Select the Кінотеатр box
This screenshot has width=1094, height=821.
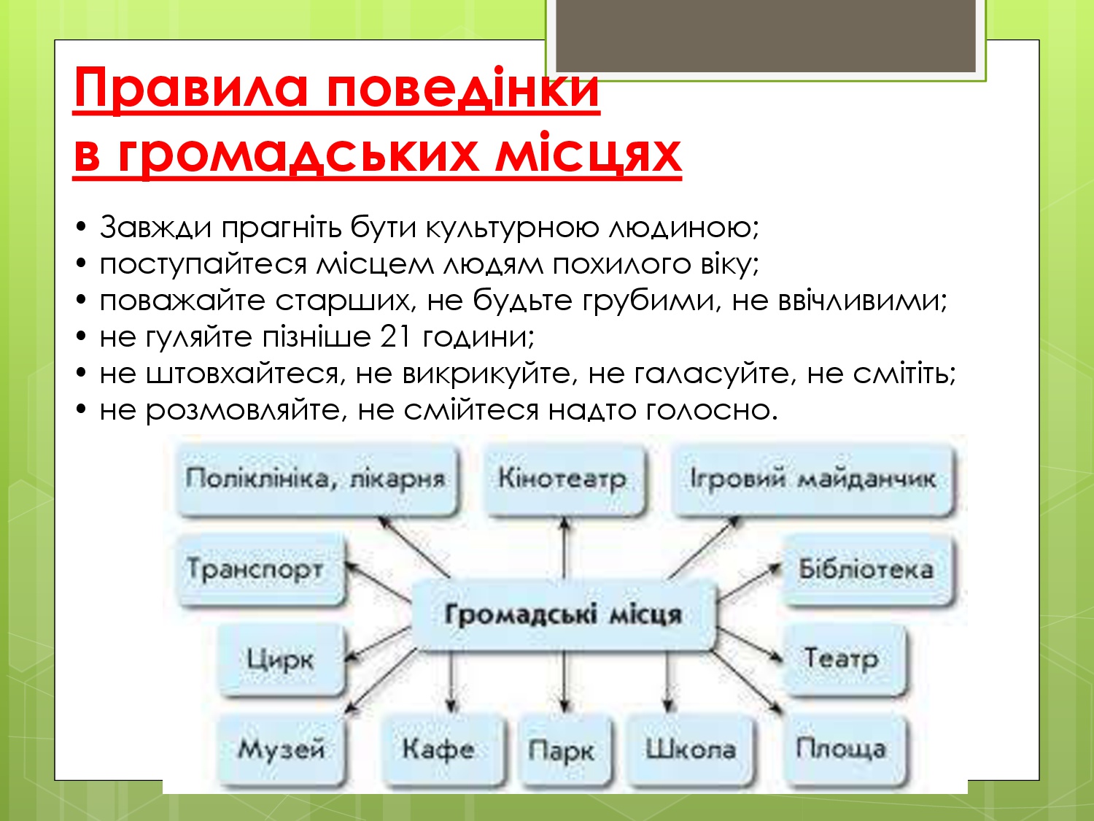pyautogui.click(x=563, y=479)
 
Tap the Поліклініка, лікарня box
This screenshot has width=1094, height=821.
pyautogui.click(x=317, y=479)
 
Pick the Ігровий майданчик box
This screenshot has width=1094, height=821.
pyautogui.click(x=813, y=479)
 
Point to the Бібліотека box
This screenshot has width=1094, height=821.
pyautogui.click(x=868, y=569)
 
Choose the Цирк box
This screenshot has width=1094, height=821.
pyautogui.click(x=281, y=660)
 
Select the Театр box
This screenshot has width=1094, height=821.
pyautogui.click(x=843, y=660)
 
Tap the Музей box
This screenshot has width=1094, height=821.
pyautogui.click(x=281, y=749)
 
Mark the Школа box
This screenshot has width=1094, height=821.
pyautogui.click(x=690, y=749)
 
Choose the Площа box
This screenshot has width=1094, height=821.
pyautogui.click(x=843, y=749)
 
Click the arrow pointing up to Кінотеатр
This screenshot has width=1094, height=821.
pyautogui.click(x=565, y=547)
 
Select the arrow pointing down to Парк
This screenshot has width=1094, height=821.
pyautogui.click(x=565, y=682)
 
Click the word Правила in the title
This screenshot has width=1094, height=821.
pyautogui.click(x=190, y=89)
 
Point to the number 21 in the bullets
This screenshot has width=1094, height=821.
pyautogui.click(x=397, y=337)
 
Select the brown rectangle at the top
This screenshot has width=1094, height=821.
pyautogui.click(x=766, y=36)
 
